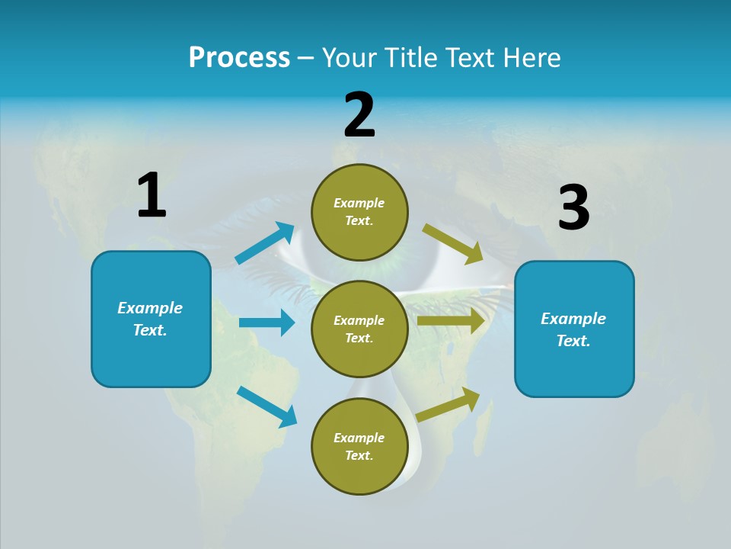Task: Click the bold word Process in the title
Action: click(x=239, y=58)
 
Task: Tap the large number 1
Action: click(x=152, y=195)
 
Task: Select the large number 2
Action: click(x=359, y=115)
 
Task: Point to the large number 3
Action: click(x=573, y=208)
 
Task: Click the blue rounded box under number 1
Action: click(x=151, y=358)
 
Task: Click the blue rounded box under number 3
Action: click(x=574, y=370)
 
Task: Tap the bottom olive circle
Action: click(x=359, y=473)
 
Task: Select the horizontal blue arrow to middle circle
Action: click(x=267, y=323)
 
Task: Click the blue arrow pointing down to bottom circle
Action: click(x=267, y=406)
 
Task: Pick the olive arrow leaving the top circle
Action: click(x=453, y=243)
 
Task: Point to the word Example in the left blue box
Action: click(x=150, y=308)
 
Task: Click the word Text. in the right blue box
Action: click(x=573, y=341)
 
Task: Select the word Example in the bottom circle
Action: click(x=359, y=438)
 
